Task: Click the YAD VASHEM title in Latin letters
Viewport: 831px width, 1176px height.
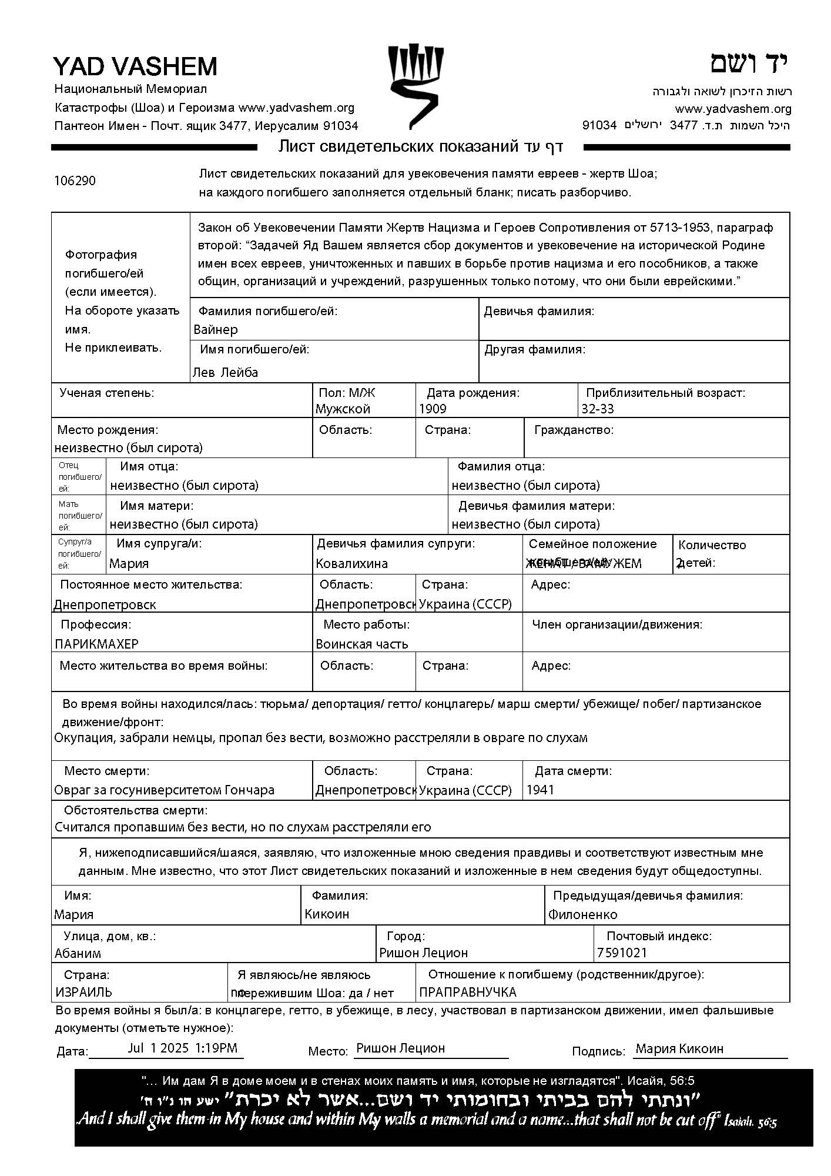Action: point(135,66)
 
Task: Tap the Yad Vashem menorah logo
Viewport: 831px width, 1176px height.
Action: point(415,86)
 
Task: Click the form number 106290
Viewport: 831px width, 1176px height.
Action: point(75,181)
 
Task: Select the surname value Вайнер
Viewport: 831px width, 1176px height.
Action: point(216,329)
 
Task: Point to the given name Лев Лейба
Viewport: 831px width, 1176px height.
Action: point(225,372)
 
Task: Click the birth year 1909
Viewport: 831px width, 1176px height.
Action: point(433,409)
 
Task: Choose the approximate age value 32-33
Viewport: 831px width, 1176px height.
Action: point(598,409)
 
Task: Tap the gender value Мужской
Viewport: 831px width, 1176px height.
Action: point(343,409)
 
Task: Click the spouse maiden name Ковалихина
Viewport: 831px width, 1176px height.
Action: point(351,563)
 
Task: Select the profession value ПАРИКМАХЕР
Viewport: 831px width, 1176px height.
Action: point(97,644)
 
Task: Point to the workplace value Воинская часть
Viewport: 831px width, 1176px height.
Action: point(361,644)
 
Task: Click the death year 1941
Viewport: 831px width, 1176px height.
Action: point(540,790)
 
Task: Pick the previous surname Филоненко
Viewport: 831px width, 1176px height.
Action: point(582,914)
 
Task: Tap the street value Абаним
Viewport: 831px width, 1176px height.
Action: point(78,953)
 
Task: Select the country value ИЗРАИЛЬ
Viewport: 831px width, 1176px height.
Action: point(83,992)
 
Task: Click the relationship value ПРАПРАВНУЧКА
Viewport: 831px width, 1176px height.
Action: point(467,992)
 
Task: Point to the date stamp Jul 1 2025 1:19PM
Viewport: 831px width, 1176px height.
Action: point(182,1048)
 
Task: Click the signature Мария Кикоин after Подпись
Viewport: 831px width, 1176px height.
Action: point(679,1048)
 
